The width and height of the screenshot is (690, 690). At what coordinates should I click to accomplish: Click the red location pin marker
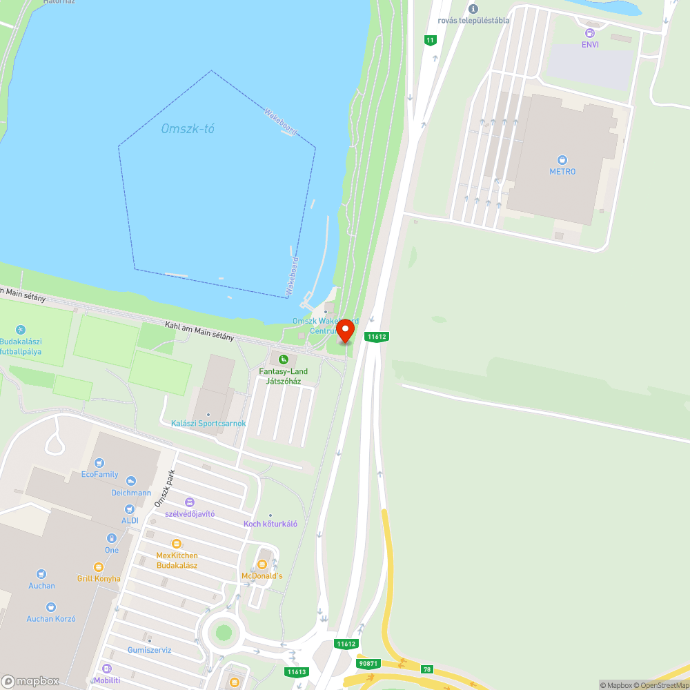point(345,331)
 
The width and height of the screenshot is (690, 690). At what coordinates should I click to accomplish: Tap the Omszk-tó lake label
point(185,129)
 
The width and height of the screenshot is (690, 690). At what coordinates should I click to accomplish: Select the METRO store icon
point(562,159)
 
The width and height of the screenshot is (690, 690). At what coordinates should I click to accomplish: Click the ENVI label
point(589,44)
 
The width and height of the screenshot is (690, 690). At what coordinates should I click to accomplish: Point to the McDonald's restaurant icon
point(262,564)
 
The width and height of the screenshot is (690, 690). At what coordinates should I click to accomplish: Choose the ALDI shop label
point(130,520)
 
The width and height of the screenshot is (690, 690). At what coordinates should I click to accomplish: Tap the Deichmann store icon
point(131,481)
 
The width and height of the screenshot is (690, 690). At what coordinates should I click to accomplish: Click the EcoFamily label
point(100,474)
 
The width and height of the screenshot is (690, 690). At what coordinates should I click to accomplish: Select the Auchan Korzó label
point(50,619)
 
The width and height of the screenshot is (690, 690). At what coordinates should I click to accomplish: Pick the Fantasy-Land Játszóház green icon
point(283,359)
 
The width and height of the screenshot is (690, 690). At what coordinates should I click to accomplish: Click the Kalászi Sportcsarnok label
point(208,423)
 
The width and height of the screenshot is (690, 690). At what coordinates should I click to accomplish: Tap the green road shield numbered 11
point(431,40)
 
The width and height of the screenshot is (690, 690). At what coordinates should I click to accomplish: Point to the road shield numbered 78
point(427,669)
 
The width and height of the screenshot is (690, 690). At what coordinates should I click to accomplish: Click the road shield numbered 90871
point(368,664)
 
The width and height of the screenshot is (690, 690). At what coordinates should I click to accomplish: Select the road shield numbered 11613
point(297,671)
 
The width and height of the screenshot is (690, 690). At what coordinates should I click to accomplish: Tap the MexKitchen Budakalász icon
point(176,544)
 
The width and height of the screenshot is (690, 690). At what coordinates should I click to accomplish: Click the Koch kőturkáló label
point(270,524)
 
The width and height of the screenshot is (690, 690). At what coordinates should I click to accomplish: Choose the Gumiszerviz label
point(150,650)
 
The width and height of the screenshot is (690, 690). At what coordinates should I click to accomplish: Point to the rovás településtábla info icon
point(473,8)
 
